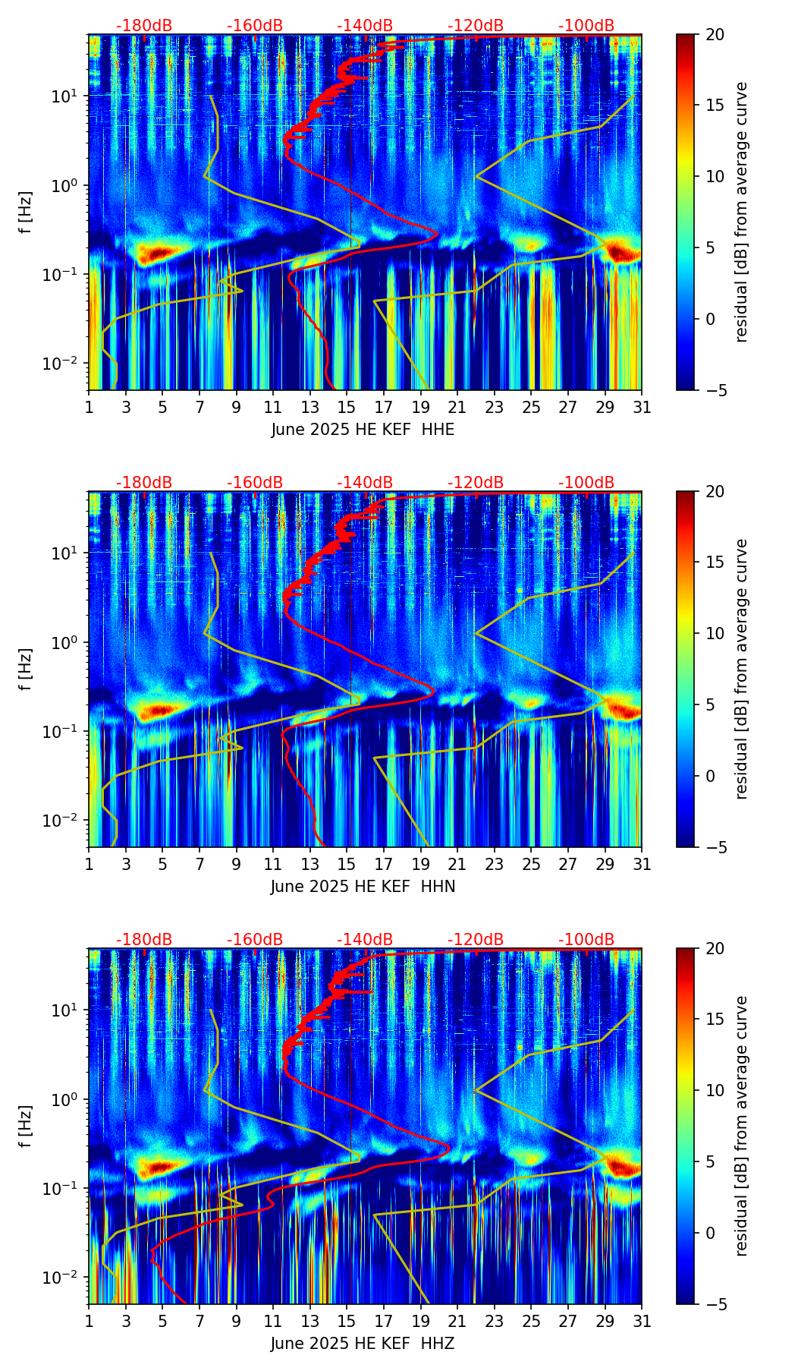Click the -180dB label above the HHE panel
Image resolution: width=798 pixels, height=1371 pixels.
(x=144, y=26)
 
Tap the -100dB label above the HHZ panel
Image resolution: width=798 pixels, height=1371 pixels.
(x=586, y=940)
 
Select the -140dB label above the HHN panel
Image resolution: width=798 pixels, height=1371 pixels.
(x=365, y=483)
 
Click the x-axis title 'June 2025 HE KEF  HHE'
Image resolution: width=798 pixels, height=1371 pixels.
(x=363, y=430)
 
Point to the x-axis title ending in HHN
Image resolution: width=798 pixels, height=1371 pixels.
(x=363, y=887)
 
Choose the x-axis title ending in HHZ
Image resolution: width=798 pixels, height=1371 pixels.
(x=363, y=1344)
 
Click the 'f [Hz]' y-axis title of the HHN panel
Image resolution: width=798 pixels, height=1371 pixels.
(x=26, y=669)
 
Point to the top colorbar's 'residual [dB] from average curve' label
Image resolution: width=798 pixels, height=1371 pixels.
(x=742, y=212)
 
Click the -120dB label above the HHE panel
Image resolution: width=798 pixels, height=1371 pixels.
(x=476, y=26)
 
